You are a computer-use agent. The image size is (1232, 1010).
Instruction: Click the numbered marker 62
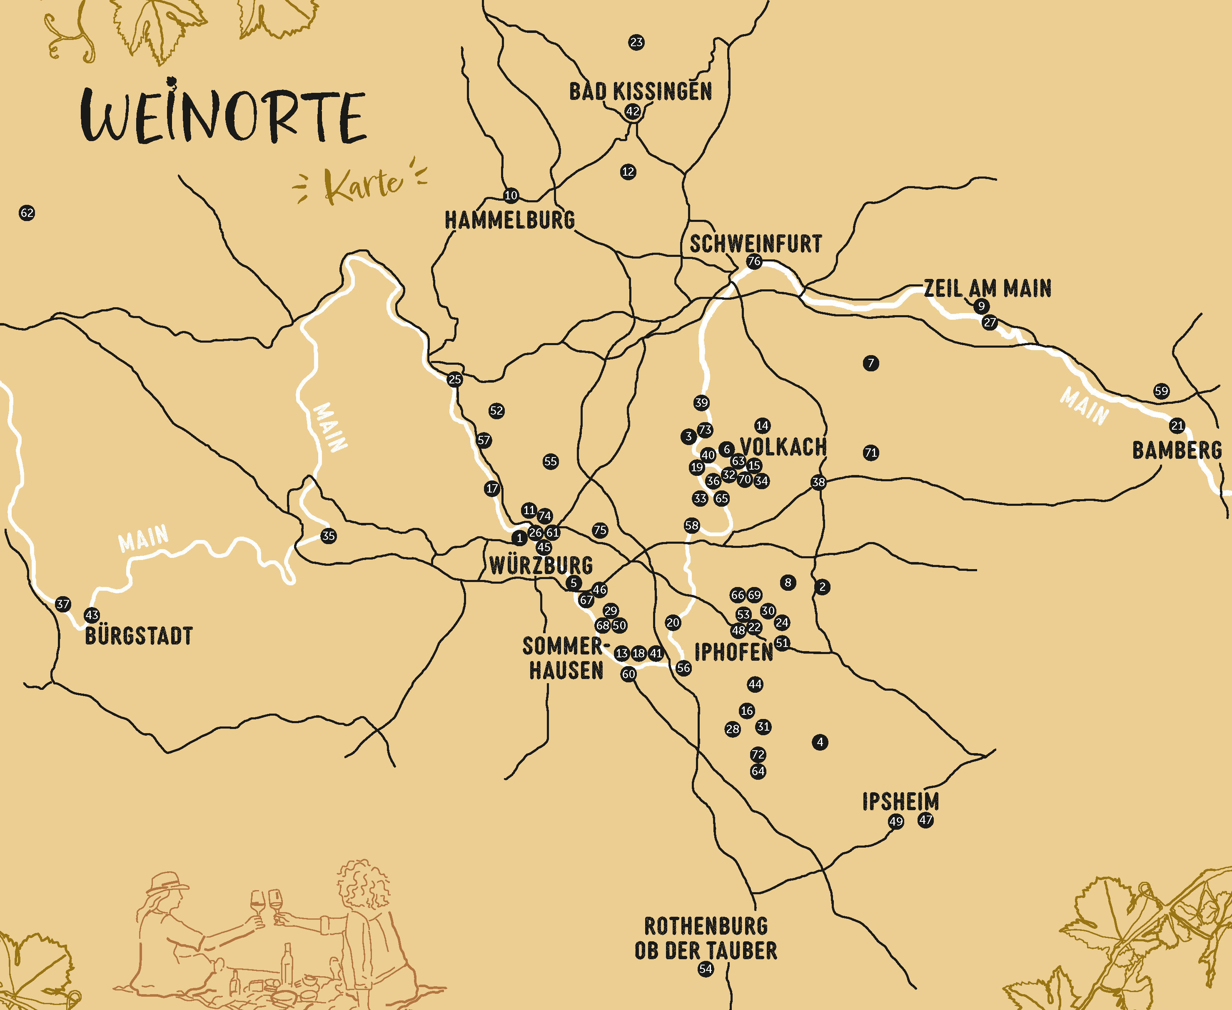[27, 213]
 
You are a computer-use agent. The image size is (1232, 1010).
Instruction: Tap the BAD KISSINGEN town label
[640, 91]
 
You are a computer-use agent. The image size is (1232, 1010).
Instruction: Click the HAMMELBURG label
[510, 220]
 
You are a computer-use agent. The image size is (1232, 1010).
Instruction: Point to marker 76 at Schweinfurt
[754, 261]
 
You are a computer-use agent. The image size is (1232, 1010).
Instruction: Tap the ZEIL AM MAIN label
[988, 288]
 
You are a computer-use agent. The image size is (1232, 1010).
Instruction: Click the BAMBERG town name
[1177, 450]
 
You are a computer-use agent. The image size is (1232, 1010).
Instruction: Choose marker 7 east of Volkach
[870, 363]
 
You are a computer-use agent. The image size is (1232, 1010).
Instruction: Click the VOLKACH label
[783, 447]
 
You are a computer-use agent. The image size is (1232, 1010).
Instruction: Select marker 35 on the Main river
[328, 536]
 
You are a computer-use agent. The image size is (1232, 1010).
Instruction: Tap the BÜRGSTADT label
[139, 635]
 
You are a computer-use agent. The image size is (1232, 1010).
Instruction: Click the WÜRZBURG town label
[541, 565]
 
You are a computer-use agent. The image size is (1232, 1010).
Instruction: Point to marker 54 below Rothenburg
[705, 969]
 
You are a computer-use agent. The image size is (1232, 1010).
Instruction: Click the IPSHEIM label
[900, 801]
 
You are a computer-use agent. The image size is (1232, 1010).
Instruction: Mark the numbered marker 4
[820, 742]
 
